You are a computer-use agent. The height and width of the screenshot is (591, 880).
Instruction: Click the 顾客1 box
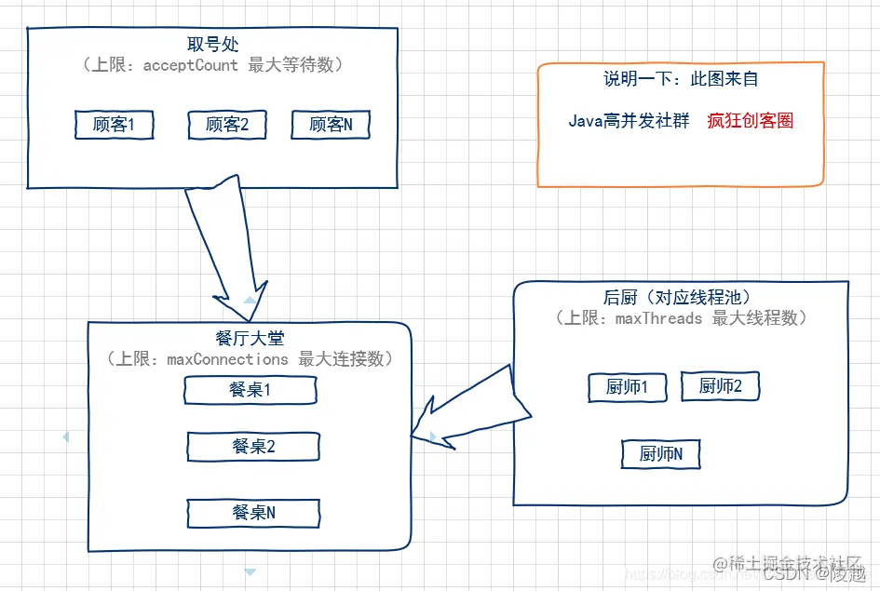114,125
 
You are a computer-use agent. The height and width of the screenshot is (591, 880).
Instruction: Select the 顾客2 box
226,125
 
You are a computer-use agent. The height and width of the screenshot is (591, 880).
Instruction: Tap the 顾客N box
331,125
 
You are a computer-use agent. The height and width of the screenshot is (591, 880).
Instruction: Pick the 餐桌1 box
250,391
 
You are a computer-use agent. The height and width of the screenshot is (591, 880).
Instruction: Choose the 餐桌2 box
253,447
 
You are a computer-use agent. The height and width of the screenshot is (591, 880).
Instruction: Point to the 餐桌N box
253,513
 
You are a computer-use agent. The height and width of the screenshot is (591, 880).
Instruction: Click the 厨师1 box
627,388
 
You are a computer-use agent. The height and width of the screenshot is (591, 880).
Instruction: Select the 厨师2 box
720,386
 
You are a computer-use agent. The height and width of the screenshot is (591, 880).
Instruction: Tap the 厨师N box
660,454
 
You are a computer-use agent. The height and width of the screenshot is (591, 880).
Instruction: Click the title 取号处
213,45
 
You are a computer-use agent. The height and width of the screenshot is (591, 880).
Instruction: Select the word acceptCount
190,65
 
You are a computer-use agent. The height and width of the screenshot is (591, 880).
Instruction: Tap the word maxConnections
227,359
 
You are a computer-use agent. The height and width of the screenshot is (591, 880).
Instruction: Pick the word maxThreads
658,318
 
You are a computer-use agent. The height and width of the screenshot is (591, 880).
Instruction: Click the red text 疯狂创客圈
750,121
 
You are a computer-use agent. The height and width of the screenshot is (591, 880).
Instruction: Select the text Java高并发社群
629,121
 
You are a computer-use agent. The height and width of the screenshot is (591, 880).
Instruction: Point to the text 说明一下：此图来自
681,80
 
